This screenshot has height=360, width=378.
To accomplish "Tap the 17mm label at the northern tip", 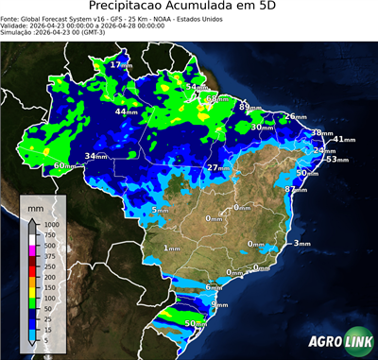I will tap(120, 65).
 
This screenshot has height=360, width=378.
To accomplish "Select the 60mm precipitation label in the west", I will tap(64, 165).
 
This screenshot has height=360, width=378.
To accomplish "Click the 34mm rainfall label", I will tap(95, 156).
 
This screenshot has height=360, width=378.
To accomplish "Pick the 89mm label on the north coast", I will tap(249, 108).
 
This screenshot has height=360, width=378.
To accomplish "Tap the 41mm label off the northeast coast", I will tap(344, 140).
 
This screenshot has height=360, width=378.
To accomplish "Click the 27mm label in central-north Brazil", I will tap(219, 167).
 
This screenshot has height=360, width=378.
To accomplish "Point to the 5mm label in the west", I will tap(160, 209).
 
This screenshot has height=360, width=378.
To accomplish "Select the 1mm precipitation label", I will tap(172, 248).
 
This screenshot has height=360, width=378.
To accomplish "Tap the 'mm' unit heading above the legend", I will tap(35, 205).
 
